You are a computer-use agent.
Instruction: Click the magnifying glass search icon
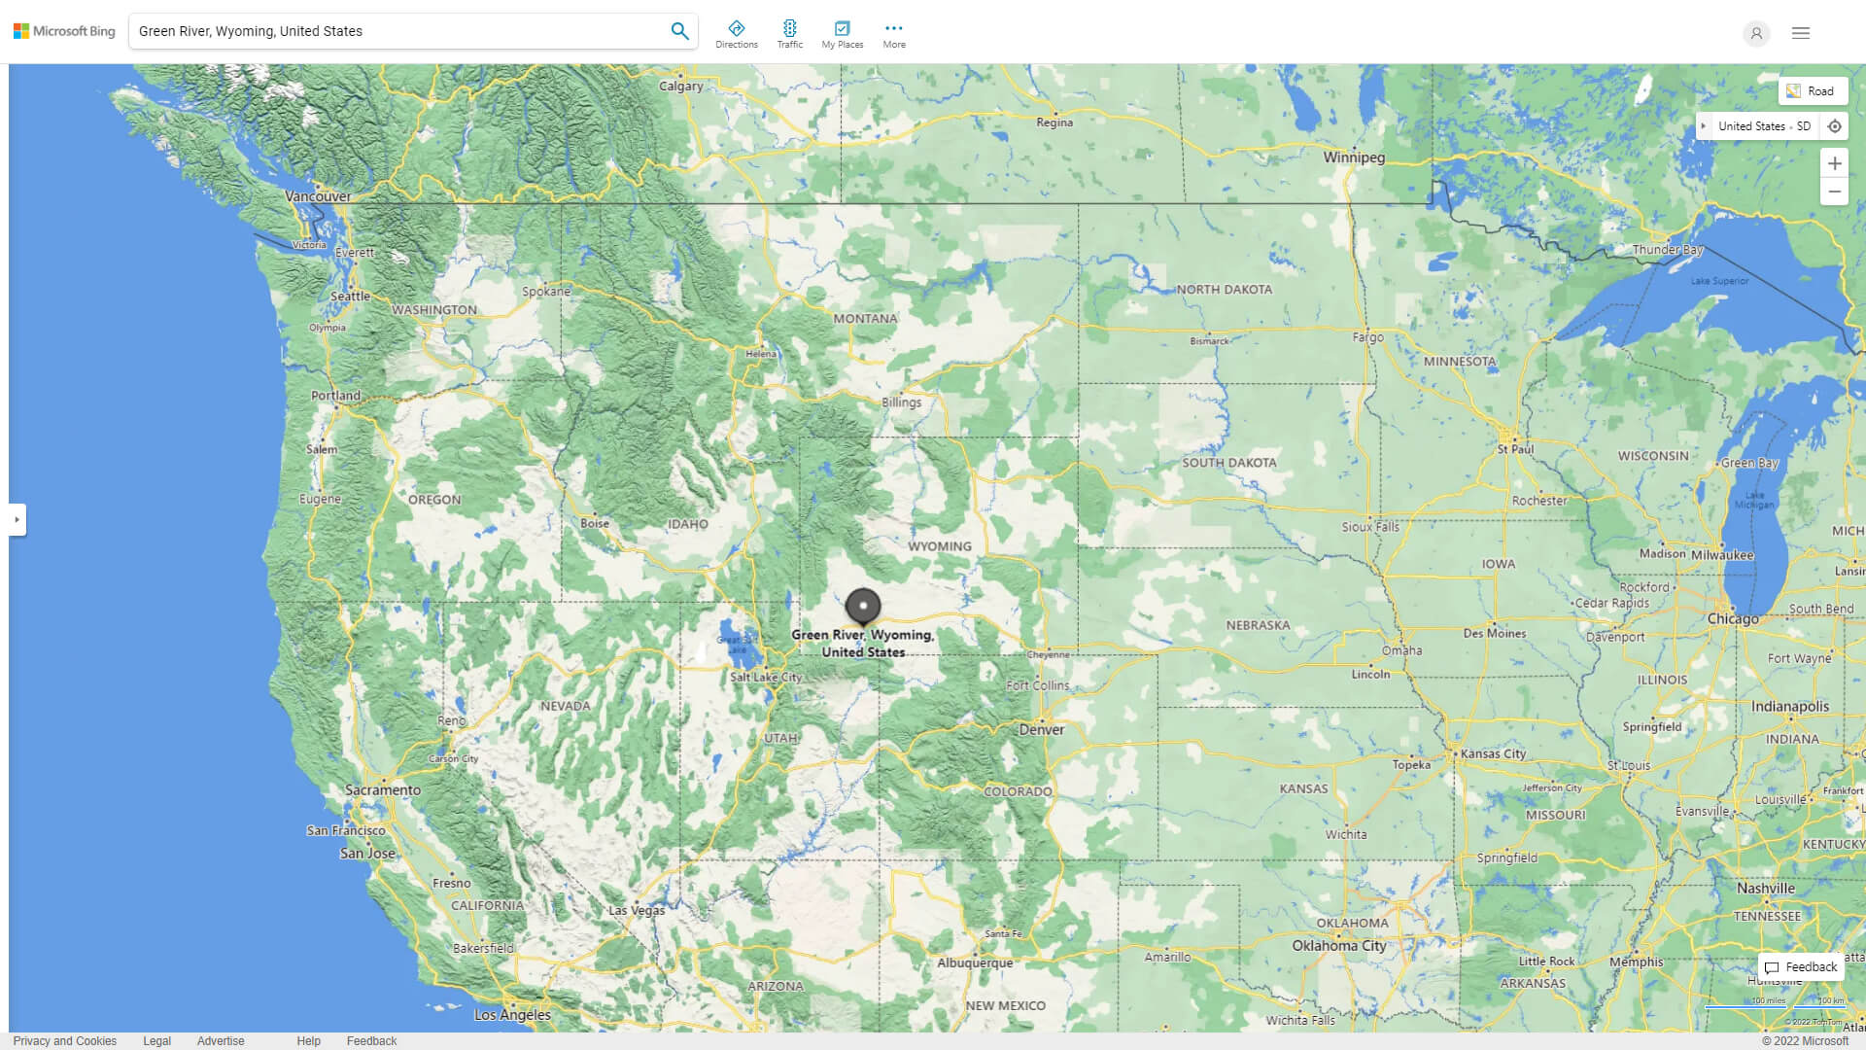coord(679,31)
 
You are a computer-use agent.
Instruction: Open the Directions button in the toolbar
coord(737,34)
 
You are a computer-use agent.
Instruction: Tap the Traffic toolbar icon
coord(790,34)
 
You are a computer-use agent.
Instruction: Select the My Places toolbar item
coord(842,34)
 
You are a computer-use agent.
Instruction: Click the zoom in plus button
coord(1834,163)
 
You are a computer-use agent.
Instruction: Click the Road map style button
coord(1813,91)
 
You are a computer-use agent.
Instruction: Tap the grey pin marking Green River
coord(863,607)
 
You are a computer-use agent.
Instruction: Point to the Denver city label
coord(1041,729)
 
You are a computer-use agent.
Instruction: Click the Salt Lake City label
coord(766,677)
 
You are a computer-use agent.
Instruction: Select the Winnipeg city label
coord(1354,157)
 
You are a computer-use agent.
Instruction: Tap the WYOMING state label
coord(940,546)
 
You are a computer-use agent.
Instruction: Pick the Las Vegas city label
coord(637,910)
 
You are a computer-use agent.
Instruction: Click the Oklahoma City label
coord(1339,945)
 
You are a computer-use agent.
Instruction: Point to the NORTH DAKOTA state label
coord(1224,289)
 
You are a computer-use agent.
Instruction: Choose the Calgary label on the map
coord(680,86)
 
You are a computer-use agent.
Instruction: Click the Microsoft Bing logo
coord(64,31)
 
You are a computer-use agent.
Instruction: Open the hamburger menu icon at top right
coord(1801,33)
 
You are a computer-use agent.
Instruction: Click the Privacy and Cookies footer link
coord(65,1040)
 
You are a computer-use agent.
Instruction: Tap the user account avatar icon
coord(1756,33)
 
